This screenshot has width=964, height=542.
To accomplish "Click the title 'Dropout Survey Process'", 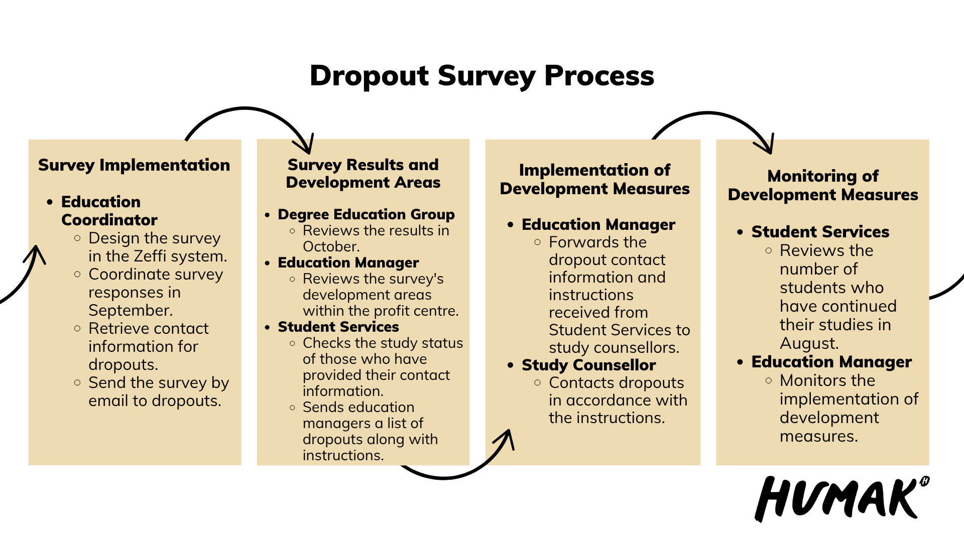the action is point(482,76).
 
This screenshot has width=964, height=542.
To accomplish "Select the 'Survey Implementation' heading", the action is point(134,165).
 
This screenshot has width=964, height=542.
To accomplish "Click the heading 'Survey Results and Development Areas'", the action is point(363,173).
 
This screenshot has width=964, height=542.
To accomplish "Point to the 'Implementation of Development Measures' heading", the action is point(594,179).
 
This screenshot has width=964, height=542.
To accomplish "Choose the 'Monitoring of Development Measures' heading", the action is point(823,185).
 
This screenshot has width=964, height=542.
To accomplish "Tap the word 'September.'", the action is point(131,310).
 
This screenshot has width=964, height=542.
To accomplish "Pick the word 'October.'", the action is point(331,246).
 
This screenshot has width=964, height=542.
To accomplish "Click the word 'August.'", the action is point(809,343).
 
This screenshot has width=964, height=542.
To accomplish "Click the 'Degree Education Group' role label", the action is point(366,214).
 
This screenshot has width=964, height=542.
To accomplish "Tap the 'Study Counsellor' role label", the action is point(588,365).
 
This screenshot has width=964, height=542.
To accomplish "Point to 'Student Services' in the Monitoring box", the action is point(820,232).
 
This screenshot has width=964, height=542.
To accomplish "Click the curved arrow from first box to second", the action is point(246,108).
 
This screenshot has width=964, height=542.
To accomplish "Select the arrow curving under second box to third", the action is point(444,478).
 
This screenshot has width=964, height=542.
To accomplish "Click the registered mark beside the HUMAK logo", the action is point(925,481).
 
